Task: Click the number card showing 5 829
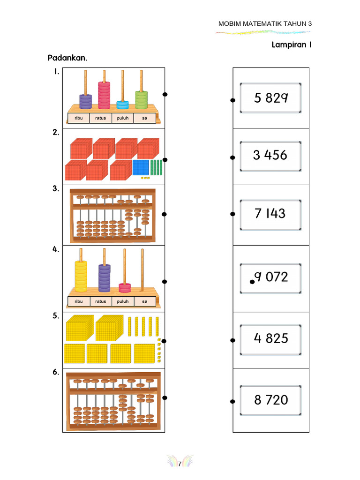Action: (270, 97)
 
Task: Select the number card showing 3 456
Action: (270, 156)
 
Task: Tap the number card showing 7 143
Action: (270, 215)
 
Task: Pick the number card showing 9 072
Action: (270, 278)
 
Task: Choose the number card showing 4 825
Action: (270, 339)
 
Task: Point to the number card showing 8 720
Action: (270, 400)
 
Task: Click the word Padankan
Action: (67, 58)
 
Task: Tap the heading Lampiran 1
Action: (292, 45)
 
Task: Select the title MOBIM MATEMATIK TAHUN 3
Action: (265, 23)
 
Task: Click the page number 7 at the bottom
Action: (180, 464)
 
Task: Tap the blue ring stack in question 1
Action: (122, 105)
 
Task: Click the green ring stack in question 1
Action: (142, 99)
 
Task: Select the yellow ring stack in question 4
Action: (81, 276)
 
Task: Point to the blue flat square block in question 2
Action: (141, 167)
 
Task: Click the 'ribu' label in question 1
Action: (79, 118)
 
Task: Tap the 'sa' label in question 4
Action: (145, 301)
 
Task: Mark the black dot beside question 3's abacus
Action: (164, 214)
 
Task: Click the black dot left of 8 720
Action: (232, 401)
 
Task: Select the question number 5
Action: (56, 315)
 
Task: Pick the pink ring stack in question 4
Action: (125, 288)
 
